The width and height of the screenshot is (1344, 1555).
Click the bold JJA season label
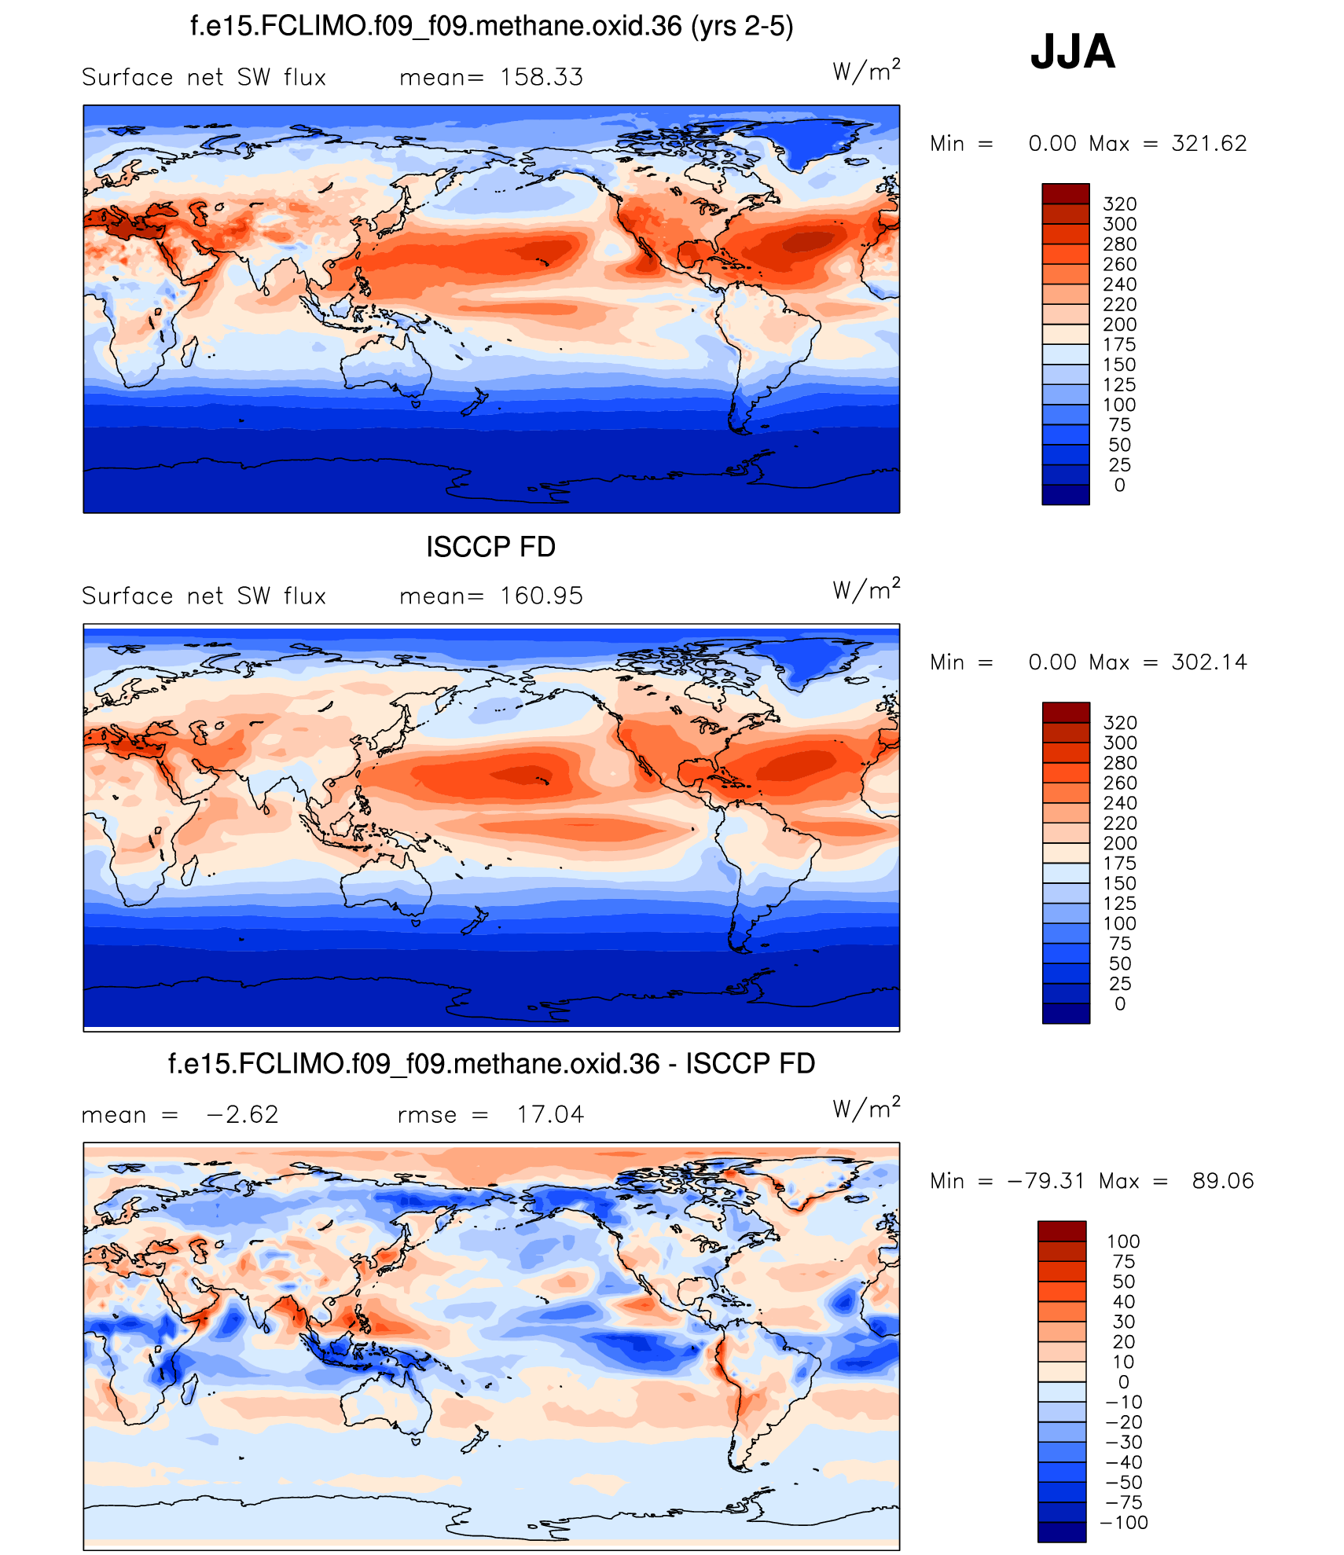1072,52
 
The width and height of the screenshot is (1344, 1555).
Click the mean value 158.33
542,77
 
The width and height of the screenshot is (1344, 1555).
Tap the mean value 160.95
542,596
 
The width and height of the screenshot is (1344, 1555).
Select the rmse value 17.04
550,1114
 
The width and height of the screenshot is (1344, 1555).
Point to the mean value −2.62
242,1114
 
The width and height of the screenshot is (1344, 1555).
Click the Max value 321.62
1209,143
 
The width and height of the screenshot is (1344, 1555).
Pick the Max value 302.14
1209,662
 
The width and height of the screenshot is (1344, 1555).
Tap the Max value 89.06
1223,1181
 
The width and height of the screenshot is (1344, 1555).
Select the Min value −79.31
1046,1181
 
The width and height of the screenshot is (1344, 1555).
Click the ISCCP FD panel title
490,547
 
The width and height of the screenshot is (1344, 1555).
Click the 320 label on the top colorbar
1120,204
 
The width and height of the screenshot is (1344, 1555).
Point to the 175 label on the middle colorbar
1120,863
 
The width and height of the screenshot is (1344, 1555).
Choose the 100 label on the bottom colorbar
1123,1241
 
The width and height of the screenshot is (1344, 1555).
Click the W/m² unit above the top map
866,72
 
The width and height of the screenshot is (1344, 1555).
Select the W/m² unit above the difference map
866,1109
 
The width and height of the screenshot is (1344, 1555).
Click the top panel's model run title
491,27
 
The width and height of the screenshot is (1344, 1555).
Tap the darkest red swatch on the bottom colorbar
1062,1230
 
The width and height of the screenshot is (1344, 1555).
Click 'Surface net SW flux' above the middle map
204,596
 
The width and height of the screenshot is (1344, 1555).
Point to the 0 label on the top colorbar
1120,485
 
